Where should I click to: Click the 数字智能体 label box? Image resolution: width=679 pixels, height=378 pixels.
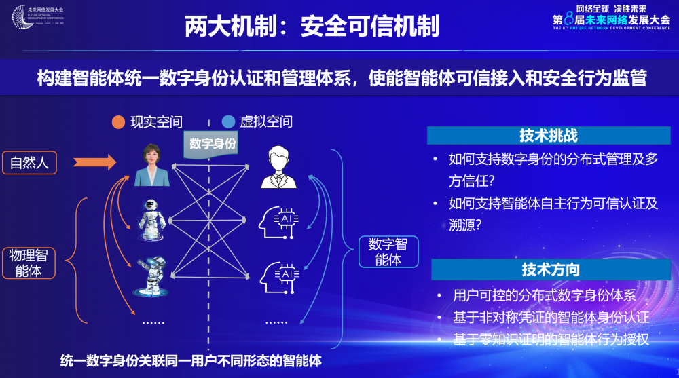pos(388,251)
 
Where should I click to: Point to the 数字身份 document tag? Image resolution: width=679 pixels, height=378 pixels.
pos(213,143)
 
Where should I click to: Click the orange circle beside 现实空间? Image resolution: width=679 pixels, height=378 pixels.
pos(118,122)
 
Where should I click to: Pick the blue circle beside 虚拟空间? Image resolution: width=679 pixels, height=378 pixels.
pos(228,122)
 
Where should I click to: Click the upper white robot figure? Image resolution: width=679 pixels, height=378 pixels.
pos(151,218)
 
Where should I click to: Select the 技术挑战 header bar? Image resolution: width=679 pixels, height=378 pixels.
pos(548,135)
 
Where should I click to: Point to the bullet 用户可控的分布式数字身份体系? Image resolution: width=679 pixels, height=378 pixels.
pos(544,296)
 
